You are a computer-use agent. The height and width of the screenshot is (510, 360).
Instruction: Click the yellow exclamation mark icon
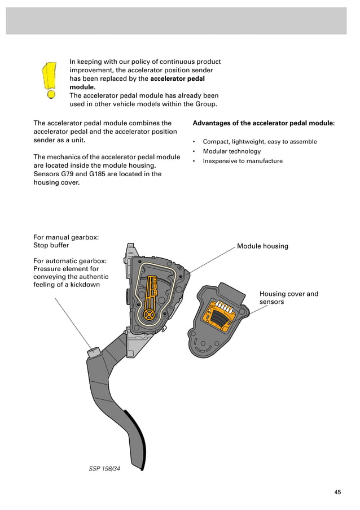(x=50, y=79)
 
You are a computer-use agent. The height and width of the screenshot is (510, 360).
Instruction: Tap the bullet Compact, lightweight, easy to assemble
(x=260, y=142)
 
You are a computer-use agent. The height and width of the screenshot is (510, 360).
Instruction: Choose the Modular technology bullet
(x=231, y=151)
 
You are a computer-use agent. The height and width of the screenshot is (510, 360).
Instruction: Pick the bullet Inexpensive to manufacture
(x=243, y=161)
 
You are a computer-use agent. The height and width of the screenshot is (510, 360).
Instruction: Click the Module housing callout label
(x=262, y=246)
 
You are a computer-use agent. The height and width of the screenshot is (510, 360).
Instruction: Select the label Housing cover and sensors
(x=288, y=298)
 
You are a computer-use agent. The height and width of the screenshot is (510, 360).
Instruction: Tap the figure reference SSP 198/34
(x=104, y=468)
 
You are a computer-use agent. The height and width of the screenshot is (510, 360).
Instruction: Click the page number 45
(x=337, y=492)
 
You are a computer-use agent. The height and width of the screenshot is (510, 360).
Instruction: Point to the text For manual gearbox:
(x=66, y=237)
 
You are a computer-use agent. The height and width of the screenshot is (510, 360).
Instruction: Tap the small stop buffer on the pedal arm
(x=93, y=352)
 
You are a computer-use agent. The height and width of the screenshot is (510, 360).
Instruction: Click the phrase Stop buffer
(x=51, y=246)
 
